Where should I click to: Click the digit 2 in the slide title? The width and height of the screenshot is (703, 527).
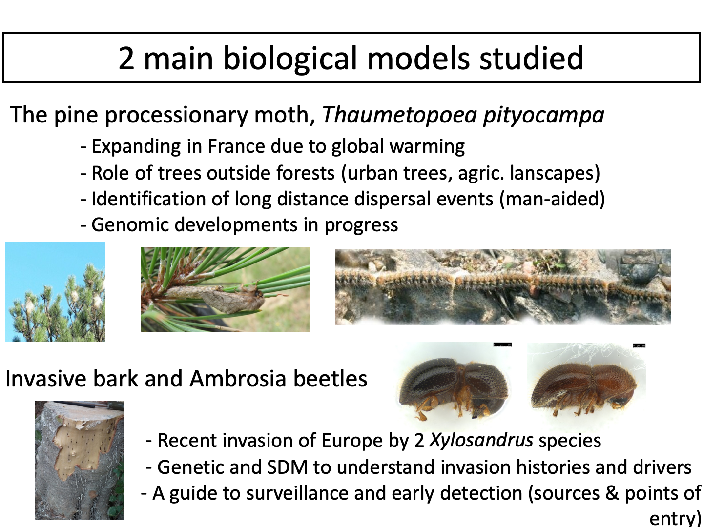[x=126, y=59]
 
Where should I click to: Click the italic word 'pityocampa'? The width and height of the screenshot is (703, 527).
[x=543, y=116]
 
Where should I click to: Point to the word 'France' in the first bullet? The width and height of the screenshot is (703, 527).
[x=236, y=146]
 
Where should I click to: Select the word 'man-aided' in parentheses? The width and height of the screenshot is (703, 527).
[x=552, y=199]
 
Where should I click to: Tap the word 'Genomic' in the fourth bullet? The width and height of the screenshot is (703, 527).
[x=130, y=224]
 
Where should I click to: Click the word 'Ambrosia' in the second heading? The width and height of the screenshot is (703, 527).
[x=238, y=379]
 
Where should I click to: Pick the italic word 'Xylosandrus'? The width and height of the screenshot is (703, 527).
[x=481, y=440]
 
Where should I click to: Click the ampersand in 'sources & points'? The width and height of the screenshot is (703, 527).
[x=612, y=493]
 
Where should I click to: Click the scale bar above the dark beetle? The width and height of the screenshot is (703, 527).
[x=502, y=345]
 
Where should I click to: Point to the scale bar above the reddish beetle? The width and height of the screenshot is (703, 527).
[x=639, y=345]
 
